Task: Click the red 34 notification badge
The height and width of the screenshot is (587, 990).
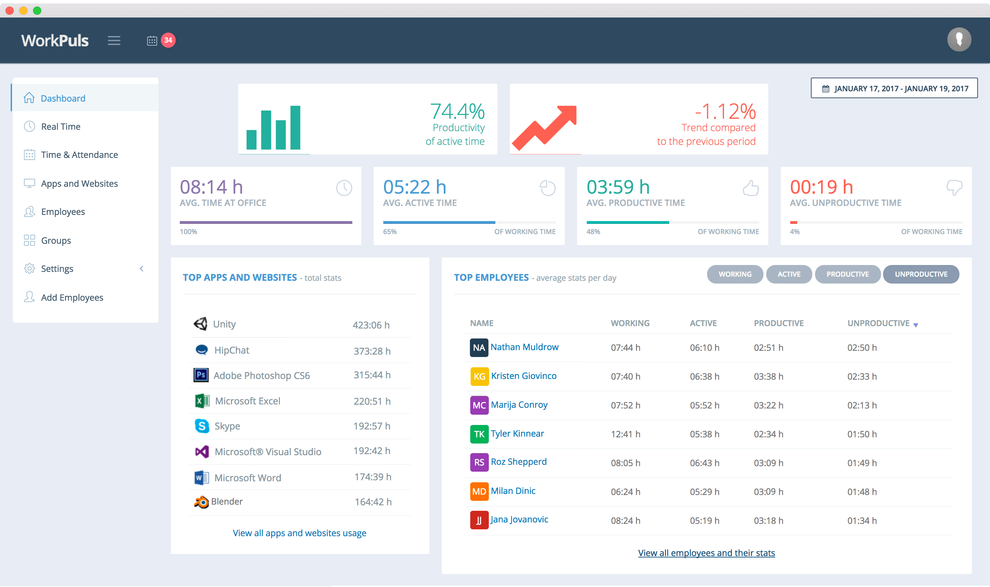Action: pyautogui.click(x=168, y=40)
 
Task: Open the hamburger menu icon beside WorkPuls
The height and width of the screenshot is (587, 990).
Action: pyautogui.click(x=114, y=41)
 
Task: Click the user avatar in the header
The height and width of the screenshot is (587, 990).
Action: pyautogui.click(x=959, y=39)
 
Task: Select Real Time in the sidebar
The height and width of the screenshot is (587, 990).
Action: pyautogui.click(x=60, y=127)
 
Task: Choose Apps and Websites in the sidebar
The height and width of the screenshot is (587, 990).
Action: pyautogui.click(x=79, y=184)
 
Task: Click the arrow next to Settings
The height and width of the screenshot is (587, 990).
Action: pyautogui.click(x=142, y=268)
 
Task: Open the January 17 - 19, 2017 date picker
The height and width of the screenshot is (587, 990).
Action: pyautogui.click(x=894, y=88)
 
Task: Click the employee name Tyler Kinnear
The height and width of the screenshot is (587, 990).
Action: pyautogui.click(x=517, y=434)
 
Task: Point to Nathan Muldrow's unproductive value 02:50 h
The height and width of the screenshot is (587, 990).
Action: pyautogui.click(x=862, y=348)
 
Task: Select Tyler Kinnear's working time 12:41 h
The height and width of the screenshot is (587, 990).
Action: pyautogui.click(x=625, y=434)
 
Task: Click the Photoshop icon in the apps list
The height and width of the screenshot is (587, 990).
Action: pyautogui.click(x=201, y=375)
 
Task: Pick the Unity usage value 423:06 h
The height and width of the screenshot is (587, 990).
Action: pyautogui.click(x=371, y=325)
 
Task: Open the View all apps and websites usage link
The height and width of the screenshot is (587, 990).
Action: pyautogui.click(x=299, y=533)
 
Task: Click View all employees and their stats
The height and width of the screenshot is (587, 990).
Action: pyautogui.click(x=706, y=553)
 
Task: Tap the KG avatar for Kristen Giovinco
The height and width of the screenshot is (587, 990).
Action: pyautogui.click(x=479, y=376)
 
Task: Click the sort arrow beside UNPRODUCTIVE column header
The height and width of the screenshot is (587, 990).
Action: pyautogui.click(x=915, y=325)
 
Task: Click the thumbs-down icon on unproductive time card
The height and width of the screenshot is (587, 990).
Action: pyautogui.click(x=954, y=187)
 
